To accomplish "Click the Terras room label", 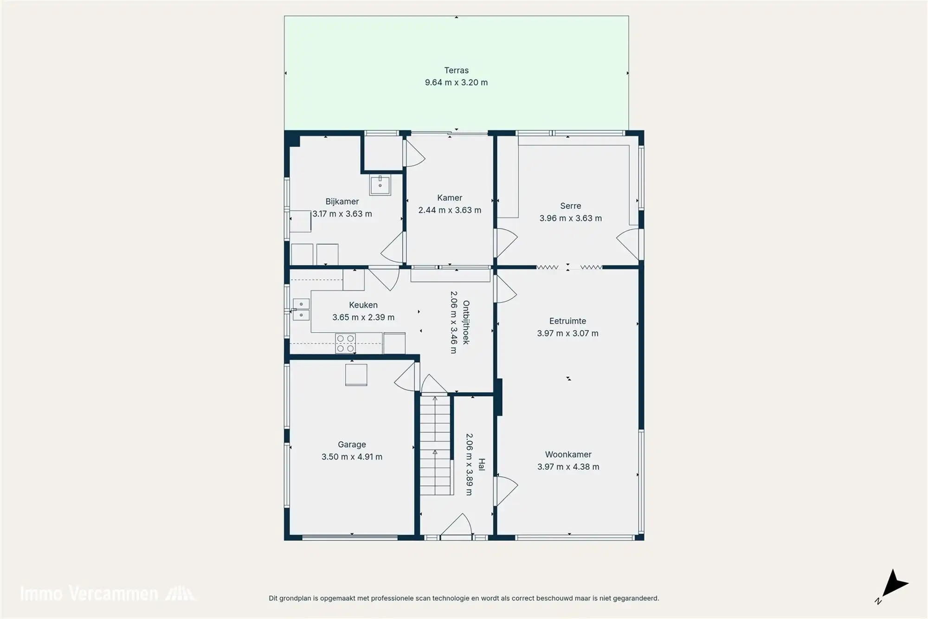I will pyautogui.click(x=456, y=71).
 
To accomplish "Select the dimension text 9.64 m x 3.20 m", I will pyautogui.click(x=456, y=83).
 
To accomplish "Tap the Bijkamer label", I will pyautogui.click(x=342, y=201).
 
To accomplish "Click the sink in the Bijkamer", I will pyautogui.click(x=380, y=185).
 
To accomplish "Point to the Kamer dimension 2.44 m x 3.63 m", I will pyautogui.click(x=450, y=210).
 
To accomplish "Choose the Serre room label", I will pyautogui.click(x=570, y=206).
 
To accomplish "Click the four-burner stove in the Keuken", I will pyautogui.click(x=345, y=343).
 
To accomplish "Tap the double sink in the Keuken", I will pyautogui.click(x=301, y=309).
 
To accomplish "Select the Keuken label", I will pyautogui.click(x=363, y=305).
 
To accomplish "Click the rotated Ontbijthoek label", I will pyautogui.click(x=466, y=322).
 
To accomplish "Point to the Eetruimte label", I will pyautogui.click(x=567, y=321).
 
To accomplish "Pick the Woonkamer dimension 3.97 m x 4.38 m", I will pyautogui.click(x=568, y=467).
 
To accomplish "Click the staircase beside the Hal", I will pyautogui.click(x=435, y=445).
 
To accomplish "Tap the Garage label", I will pyautogui.click(x=352, y=445).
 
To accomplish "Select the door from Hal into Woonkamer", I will pyautogui.click(x=506, y=490).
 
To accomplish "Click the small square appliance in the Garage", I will pyautogui.click(x=356, y=375).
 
